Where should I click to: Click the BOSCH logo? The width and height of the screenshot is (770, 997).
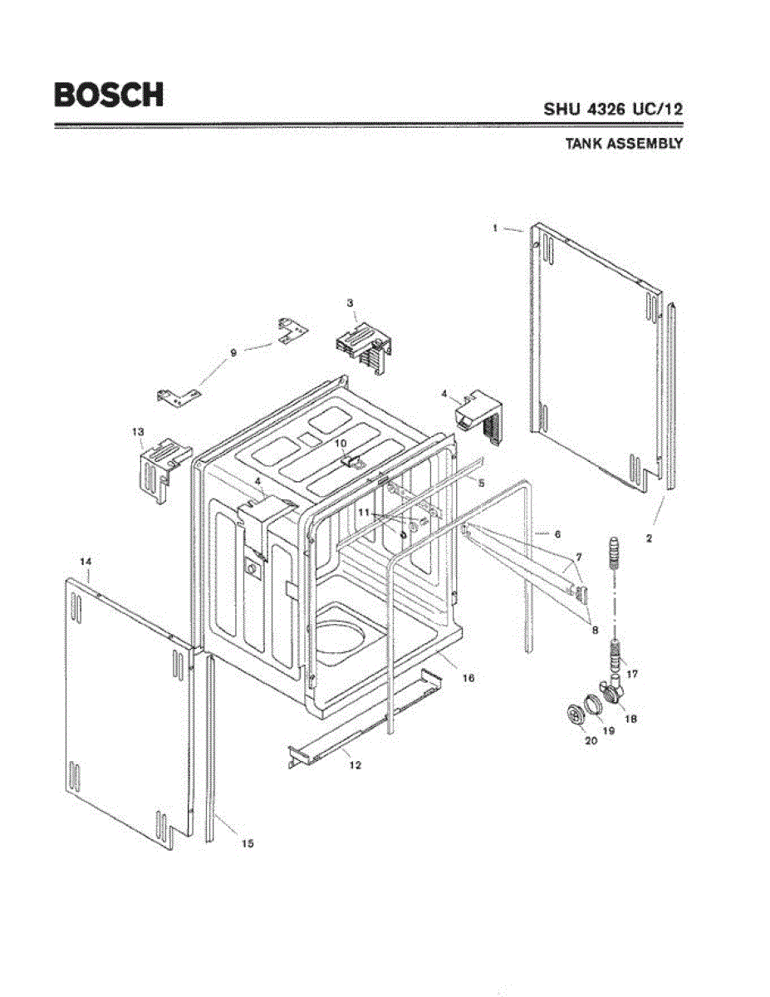coord(108,94)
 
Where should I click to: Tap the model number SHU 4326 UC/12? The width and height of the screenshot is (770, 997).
coord(613,108)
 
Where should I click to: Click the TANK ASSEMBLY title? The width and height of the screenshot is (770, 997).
coord(624,143)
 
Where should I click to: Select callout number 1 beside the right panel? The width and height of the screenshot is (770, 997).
coord(494,227)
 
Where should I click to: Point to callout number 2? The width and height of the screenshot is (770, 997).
coord(649,538)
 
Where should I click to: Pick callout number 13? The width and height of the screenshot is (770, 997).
coord(138,431)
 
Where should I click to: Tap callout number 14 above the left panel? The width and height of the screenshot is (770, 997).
coord(85,562)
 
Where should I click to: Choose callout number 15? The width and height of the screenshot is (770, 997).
coord(247,843)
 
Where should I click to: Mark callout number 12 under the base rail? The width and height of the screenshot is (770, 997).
coord(355,764)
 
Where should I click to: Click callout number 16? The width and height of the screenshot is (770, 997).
coord(468,678)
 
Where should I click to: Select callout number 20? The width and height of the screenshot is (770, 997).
coord(591,741)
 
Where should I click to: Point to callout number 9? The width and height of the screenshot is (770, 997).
coord(233,352)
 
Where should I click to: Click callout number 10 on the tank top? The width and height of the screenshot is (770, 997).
coord(341,444)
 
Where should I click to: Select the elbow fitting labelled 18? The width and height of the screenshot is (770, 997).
coord(616,690)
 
